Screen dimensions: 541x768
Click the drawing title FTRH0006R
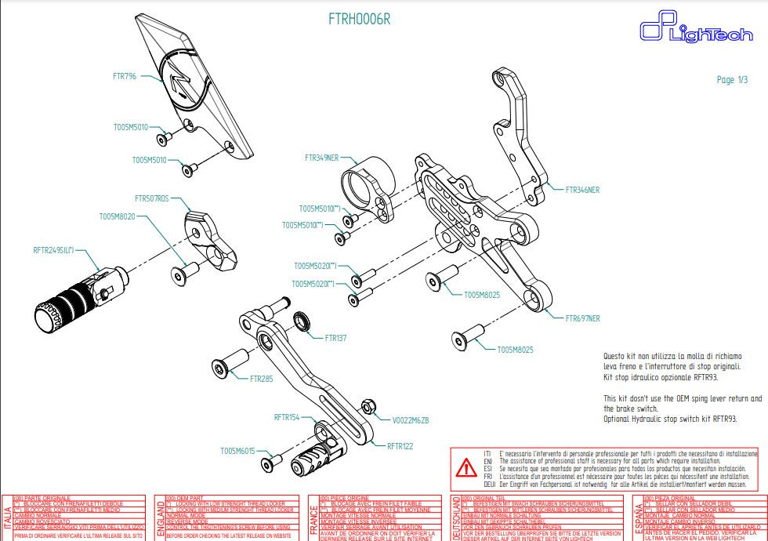pyautogui.click(x=359, y=20)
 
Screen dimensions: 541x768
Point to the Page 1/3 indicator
pyautogui.click(x=731, y=80)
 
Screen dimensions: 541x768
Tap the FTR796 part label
pyautogui.click(x=125, y=76)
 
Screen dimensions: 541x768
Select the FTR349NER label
pyautogui.click(x=321, y=158)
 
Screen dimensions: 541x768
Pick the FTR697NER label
pyautogui.click(x=582, y=319)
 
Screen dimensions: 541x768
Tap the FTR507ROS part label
pyautogui.click(x=151, y=199)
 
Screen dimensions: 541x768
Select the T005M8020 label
pyautogui.click(x=117, y=216)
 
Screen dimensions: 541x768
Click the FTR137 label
pyautogui.click(x=335, y=338)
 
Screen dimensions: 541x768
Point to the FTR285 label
pyautogui.click(x=261, y=379)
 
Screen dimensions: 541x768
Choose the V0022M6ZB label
pyautogui.click(x=411, y=421)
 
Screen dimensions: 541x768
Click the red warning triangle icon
pyautogui.click(x=467, y=468)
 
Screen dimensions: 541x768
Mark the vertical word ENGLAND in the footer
pyautogui.click(x=160, y=518)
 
